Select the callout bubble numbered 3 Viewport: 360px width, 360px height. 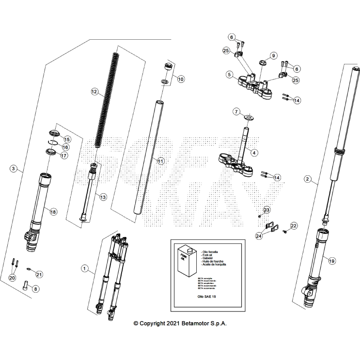pyautogui.click(x=14, y=169)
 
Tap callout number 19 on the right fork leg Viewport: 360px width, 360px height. pyautogui.click(x=331, y=260)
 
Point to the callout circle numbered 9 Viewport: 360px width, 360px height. pyautogui.click(x=273, y=56)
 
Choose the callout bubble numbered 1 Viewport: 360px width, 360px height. pyautogui.click(x=85, y=268)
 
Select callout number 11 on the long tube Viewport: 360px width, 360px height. pyautogui.click(x=161, y=160)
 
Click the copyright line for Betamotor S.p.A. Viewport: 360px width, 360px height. pyautogui.click(x=180, y=323)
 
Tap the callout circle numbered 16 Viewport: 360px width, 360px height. pyautogui.click(x=65, y=147)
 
